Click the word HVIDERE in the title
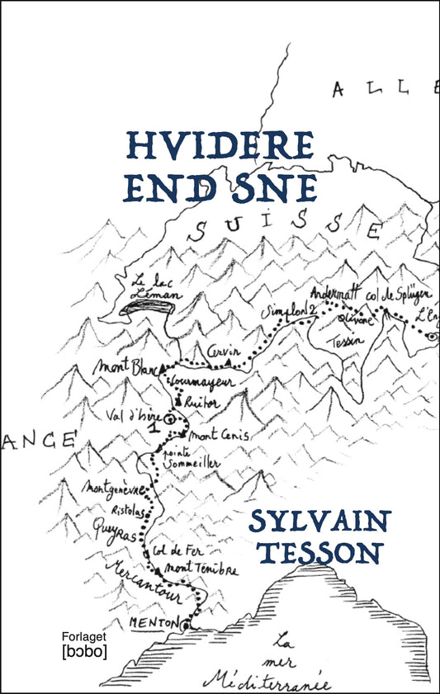[220, 147]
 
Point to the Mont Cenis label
[220, 436]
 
